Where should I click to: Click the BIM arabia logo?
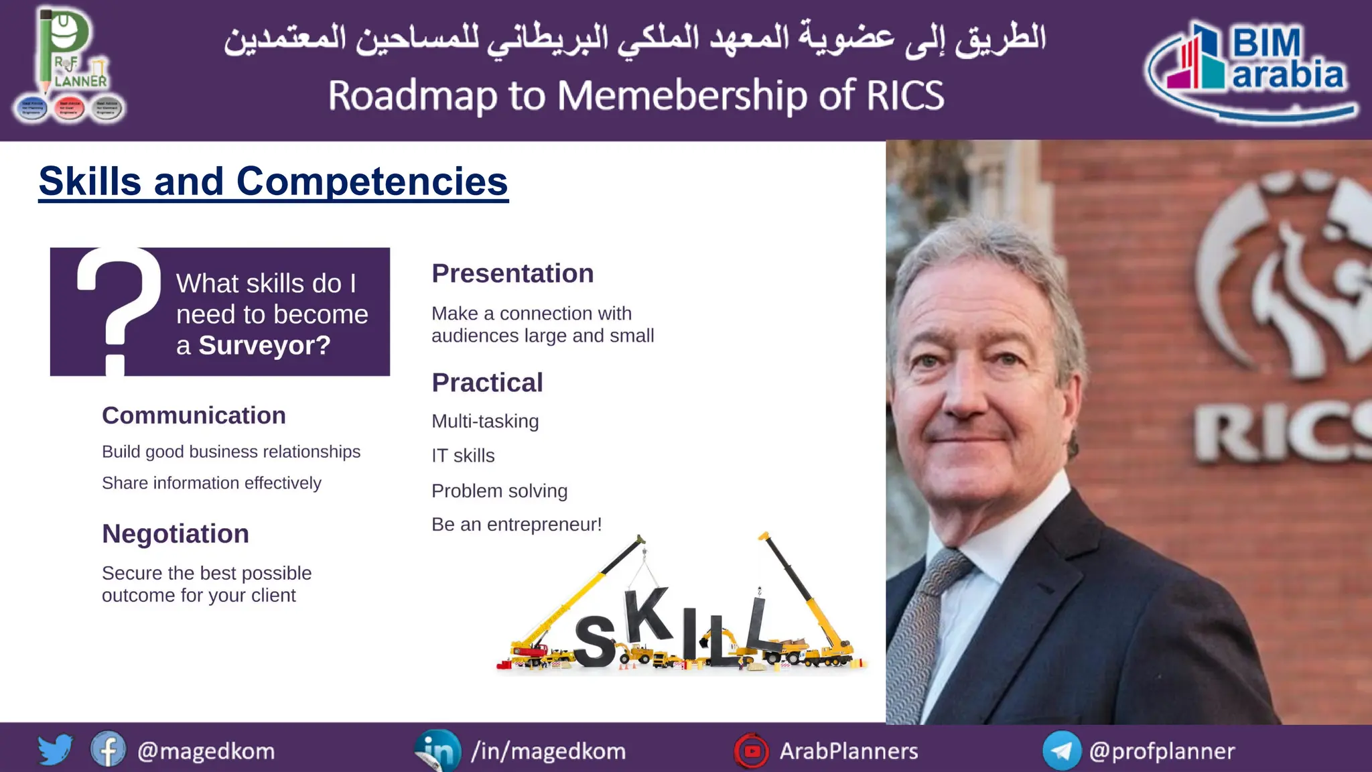click(1251, 70)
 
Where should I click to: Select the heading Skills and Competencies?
click(273, 182)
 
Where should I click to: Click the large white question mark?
click(117, 308)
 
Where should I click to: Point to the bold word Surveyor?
click(265, 346)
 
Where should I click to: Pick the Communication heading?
click(194, 415)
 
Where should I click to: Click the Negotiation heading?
click(176, 534)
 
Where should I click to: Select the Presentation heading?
click(512, 273)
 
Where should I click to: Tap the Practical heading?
click(487, 383)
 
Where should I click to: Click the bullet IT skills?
click(463, 456)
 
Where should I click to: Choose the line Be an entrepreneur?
click(517, 524)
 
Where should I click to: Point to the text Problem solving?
click(499, 491)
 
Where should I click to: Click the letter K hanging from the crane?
click(647, 615)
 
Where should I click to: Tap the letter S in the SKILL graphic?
click(595, 642)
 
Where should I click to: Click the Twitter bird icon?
click(55, 750)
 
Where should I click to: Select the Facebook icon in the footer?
click(108, 750)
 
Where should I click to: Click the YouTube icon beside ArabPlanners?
click(752, 751)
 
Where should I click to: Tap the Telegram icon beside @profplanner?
click(1062, 751)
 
